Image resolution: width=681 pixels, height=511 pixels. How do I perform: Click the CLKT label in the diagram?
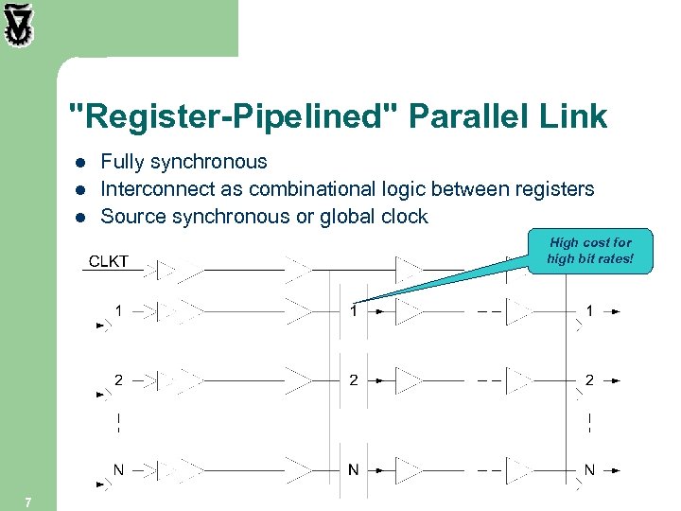click(108, 261)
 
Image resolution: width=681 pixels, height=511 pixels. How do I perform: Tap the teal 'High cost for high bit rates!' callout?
click(589, 251)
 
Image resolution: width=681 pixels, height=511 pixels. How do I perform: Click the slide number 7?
click(28, 502)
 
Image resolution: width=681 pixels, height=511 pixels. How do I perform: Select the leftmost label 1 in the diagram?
click(118, 309)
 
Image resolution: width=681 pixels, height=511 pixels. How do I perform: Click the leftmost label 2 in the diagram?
click(118, 379)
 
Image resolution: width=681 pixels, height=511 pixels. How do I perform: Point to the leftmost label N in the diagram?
click(118, 469)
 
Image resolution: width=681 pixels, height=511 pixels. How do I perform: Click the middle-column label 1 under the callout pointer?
click(353, 309)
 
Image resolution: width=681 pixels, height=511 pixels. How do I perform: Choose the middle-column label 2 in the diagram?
click(353, 379)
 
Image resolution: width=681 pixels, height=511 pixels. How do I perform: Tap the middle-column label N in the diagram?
click(353, 469)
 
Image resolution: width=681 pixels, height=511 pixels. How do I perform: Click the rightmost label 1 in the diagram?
click(589, 309)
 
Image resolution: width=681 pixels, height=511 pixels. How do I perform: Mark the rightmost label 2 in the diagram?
click(589, 379)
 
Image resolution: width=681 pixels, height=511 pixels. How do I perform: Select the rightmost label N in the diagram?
click(589, 469)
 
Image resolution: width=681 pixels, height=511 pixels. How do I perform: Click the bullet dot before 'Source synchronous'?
click(80, 218)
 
